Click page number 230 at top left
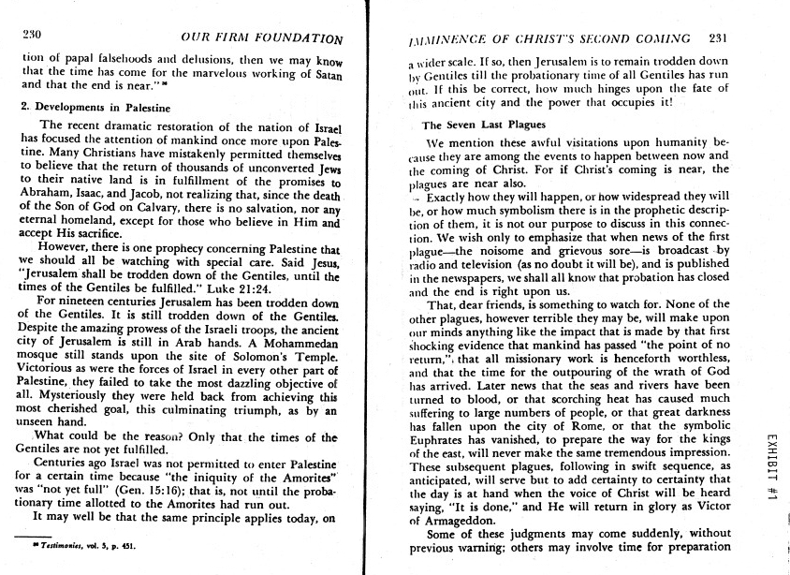click(x=34, y=37)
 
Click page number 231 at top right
click(x=718, y=38)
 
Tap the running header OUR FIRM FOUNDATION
click(x=261, y=38)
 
